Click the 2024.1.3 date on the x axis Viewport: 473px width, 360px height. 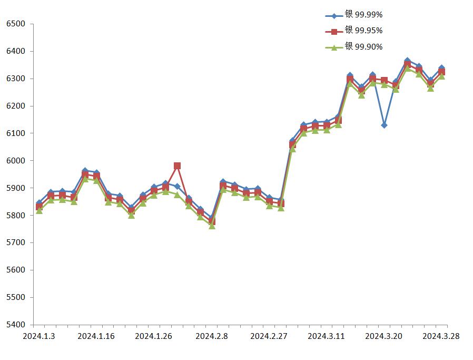point(38,336)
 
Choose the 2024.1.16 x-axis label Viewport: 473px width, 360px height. point(95,336)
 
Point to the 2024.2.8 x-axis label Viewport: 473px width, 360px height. point(211,336)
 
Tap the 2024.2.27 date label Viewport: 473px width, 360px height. point(268,336)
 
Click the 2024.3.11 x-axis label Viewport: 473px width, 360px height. point(326,336)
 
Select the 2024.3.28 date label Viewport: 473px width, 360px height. point(441,336)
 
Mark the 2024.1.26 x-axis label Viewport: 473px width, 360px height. point(153,336)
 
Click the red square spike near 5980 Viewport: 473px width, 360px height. point(177,166)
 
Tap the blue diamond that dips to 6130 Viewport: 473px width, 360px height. point(385,125)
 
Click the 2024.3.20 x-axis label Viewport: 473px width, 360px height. point(384,336)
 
